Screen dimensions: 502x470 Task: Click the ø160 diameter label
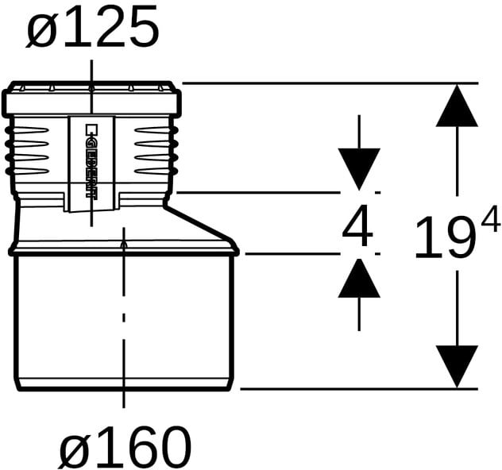125,446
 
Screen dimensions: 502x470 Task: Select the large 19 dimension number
445,237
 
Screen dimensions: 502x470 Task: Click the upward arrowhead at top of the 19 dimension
457,106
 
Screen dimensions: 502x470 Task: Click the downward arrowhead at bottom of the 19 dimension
457,367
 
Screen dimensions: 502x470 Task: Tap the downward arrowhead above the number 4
359,169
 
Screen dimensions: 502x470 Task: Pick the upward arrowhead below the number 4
359,278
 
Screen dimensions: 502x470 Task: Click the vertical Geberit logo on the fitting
91,162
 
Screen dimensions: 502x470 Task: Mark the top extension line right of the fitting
330,83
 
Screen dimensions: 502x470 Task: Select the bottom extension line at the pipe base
359,389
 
